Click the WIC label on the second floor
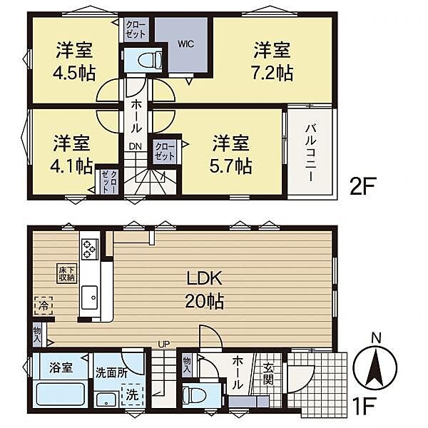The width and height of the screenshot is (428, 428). coord(185,44)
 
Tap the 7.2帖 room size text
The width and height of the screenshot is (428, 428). coord(272,73)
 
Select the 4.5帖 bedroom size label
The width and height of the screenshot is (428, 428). coord(74,73)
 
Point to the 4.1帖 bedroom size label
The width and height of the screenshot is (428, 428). coord(71,166)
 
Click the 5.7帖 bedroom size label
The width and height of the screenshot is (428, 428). coord(230,166)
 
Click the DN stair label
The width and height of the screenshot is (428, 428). coord(136,146)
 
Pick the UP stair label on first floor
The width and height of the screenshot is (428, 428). coord(164,344)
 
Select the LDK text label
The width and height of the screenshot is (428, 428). coord(205,278)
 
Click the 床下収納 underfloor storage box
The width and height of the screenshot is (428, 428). coord(67,274)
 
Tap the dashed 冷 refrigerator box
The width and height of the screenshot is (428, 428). coord(44,306)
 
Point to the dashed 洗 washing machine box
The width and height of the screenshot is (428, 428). coord(133,394)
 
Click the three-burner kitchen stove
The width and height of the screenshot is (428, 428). coord(90,249)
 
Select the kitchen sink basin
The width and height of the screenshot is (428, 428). coord(90,297)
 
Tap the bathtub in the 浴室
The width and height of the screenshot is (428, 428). coord(61,394)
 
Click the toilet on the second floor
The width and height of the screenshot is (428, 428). coord(150,59)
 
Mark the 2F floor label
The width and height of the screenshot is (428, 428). coord(363,186)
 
